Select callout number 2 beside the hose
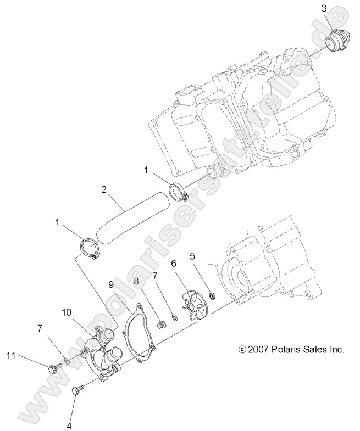point(103,191)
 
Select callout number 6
point(173,264)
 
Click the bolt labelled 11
point(53,368)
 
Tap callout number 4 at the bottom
point(70,424)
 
